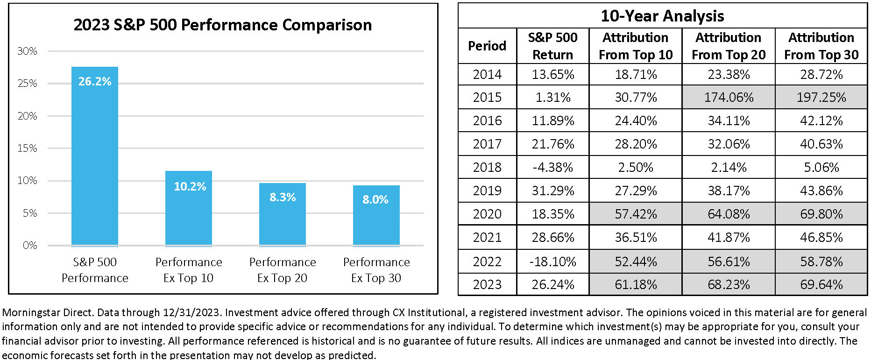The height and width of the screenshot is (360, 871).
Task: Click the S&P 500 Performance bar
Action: pyautogui.click(x=95, y=156)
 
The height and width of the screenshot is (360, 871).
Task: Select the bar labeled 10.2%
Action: pyautogui.click(x=189, y=208)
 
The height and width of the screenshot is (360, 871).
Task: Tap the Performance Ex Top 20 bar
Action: pyautogui.click(x=283, y=214)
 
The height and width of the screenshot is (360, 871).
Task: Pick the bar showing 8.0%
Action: pyautogui.click(x=376, y=215)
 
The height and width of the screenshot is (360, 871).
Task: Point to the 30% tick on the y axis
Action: pyautogui.click(x=27, y=51)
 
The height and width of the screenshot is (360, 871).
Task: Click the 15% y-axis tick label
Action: pyautogui.click(x=27, y=148)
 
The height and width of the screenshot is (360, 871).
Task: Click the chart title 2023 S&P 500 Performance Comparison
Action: pyautogui.click(x=223, y=25)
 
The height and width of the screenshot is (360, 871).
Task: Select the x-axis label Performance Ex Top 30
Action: pyautogui.click(x=376, y=270)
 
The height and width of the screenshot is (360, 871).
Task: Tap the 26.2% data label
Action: pyautogui.click(x=95, y=81)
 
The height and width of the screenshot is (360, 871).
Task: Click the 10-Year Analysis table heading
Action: pyautogui.click(x=662, y=16)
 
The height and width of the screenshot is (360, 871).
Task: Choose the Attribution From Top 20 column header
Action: pyautogui.click(x=729, y=46)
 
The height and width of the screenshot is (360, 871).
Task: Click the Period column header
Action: pyautogui.click(x=487, y=46)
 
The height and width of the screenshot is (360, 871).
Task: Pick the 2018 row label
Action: pyautogui.click(x=487, y=167)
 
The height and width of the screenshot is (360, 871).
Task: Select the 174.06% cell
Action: pyautogui.click(x=729, y=97)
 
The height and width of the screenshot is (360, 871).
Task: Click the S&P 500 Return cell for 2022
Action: pyautogui.click(x=553, y=261)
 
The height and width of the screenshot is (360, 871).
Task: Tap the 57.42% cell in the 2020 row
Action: pyautogui.click(x=636, y=214)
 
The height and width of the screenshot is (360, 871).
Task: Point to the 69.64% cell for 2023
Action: pyautogui.click(x=821, y=284)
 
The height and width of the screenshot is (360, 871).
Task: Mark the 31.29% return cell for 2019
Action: pyautogui.click(x=553, y=191)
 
